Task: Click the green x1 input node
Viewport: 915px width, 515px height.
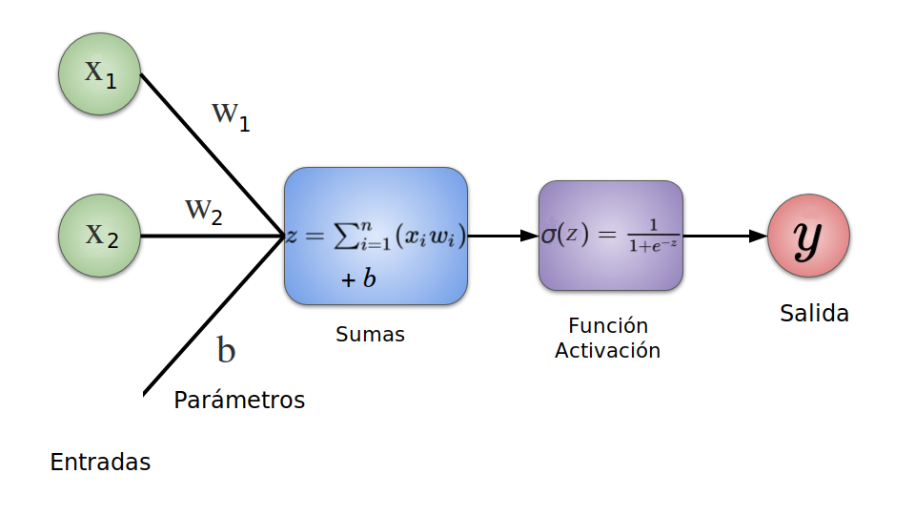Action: [100, 73]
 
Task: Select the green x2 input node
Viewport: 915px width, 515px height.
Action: [100, 235]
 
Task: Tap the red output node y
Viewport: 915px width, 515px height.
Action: [808, 236]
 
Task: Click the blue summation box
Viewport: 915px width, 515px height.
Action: [376, 236]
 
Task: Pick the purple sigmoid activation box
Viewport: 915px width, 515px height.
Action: [611, 236]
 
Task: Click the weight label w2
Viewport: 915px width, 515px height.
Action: [204, 211]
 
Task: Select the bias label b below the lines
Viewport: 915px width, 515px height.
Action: [226, 350]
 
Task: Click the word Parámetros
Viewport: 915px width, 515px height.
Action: [239, 400]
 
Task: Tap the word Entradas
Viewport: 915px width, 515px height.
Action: [100, 463]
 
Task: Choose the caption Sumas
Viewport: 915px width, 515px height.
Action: [370, 335]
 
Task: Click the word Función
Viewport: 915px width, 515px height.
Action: [607, 326]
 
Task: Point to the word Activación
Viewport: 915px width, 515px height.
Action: [607, 350]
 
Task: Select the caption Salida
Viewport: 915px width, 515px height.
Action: [814, 313]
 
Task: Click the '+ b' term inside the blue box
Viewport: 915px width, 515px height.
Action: [358, 279]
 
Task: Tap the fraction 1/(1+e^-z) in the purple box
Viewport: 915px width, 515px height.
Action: [653, 235]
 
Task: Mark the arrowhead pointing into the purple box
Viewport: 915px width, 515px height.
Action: [530, 236]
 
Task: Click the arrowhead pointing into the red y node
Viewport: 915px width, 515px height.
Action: [759, 236]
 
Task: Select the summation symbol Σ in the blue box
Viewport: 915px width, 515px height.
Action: [345, 237]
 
